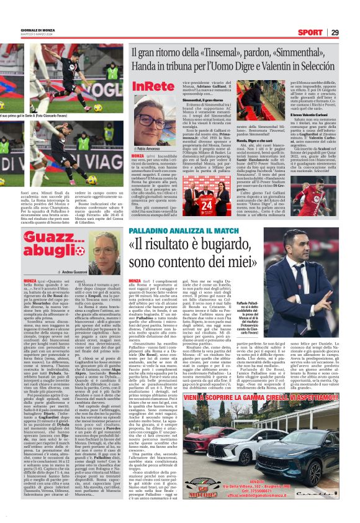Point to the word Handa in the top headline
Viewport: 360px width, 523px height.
pyautogui.click(x=143, y=65)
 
